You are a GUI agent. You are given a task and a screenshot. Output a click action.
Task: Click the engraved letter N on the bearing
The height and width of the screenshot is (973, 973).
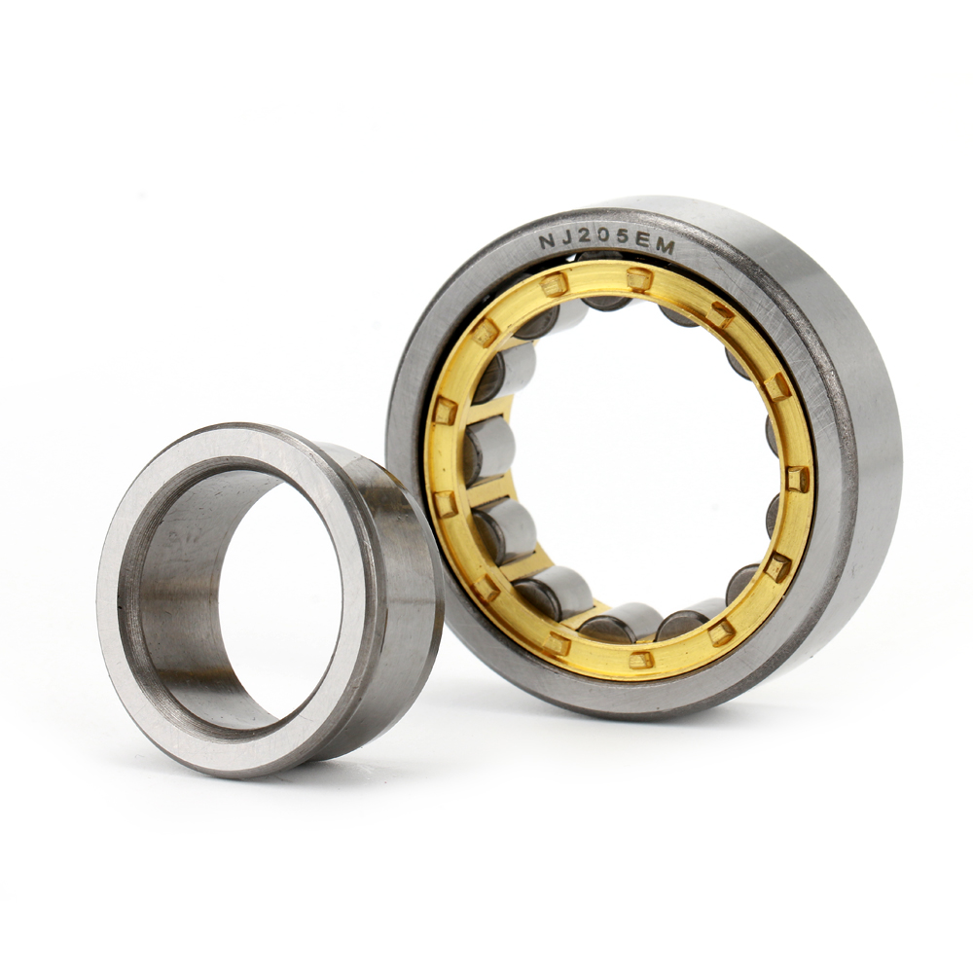point(548,238)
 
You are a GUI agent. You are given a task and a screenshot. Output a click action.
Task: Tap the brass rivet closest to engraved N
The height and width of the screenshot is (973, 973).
point(553,284)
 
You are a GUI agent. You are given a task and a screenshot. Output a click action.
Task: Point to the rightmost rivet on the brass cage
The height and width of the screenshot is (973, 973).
point(797,478)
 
